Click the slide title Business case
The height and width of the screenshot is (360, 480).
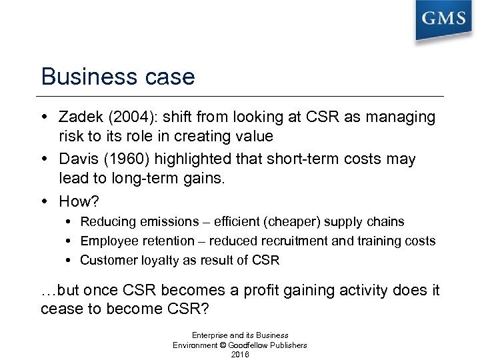pos(118,77)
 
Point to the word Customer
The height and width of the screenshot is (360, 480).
pos(108,261)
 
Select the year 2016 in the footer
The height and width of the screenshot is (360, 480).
pos(240,355)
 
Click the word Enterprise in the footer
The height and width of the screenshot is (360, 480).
pos(212,334)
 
